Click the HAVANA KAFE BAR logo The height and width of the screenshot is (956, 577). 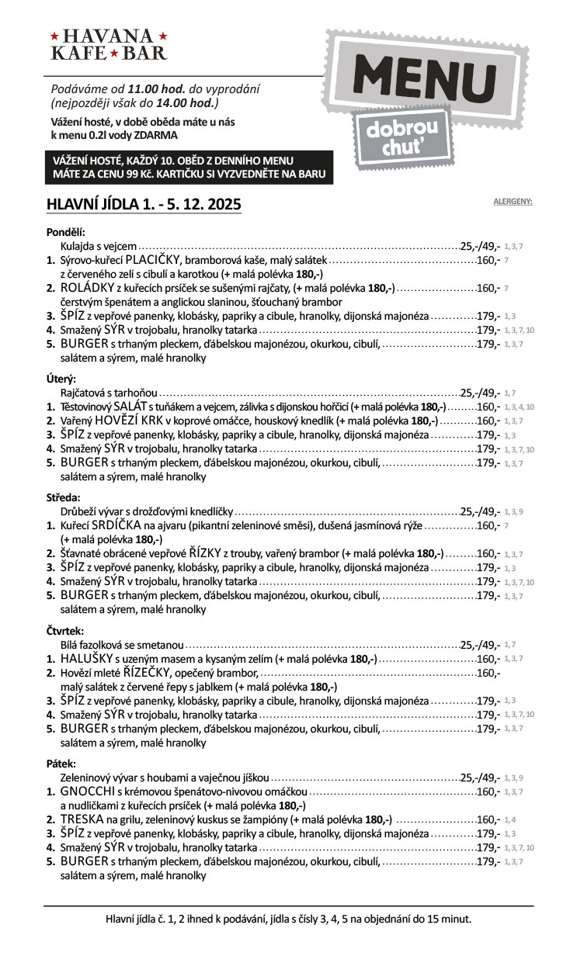109,44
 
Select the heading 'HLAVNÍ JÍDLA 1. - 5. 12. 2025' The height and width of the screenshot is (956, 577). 144,205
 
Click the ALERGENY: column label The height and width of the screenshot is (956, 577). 513,202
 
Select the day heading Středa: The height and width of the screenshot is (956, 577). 64,497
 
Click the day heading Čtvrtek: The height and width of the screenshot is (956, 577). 65,630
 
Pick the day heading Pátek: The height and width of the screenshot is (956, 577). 62,763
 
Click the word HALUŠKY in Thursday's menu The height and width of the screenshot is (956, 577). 88,659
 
